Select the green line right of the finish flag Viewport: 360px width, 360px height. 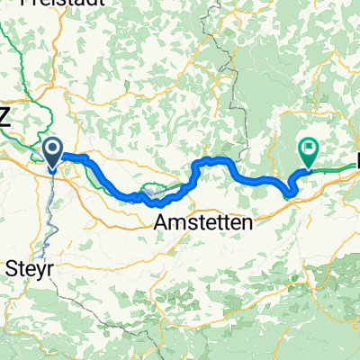[337, 166]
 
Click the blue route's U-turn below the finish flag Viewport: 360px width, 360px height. [289, 192]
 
